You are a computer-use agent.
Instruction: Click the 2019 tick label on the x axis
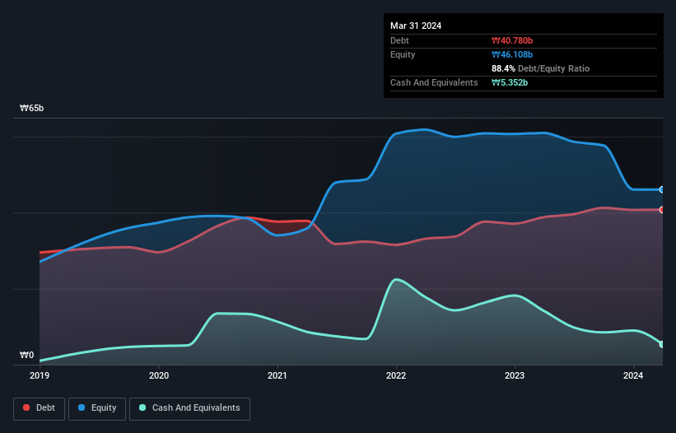tap(40, 375)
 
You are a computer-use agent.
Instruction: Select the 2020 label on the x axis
tap(159, 375)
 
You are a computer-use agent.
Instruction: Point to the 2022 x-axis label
tap(396, 375)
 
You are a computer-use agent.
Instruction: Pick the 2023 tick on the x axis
tap(515, 375)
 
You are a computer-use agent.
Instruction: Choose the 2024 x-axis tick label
tap(634, 375)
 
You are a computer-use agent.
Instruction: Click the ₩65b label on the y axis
tap(32, 109)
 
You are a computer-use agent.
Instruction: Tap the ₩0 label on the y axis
tap(27, 356)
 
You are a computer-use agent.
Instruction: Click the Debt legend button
tap(39, 407)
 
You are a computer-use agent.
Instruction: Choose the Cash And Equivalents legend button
tap(189, 407)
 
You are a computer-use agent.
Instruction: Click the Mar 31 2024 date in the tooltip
tap(416, 26)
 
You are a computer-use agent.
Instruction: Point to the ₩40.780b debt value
tap(512, 40)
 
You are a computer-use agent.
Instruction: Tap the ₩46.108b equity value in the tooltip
tap(512, 54)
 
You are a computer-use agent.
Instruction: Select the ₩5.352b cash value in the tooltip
tap(510, 82)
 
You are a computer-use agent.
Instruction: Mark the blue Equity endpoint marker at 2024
tap(662, 189)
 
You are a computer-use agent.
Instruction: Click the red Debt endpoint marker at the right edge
tap(662, 210)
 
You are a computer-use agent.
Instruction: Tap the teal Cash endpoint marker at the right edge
tap(662, 344)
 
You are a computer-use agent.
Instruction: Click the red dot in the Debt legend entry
tap(27, 407)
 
